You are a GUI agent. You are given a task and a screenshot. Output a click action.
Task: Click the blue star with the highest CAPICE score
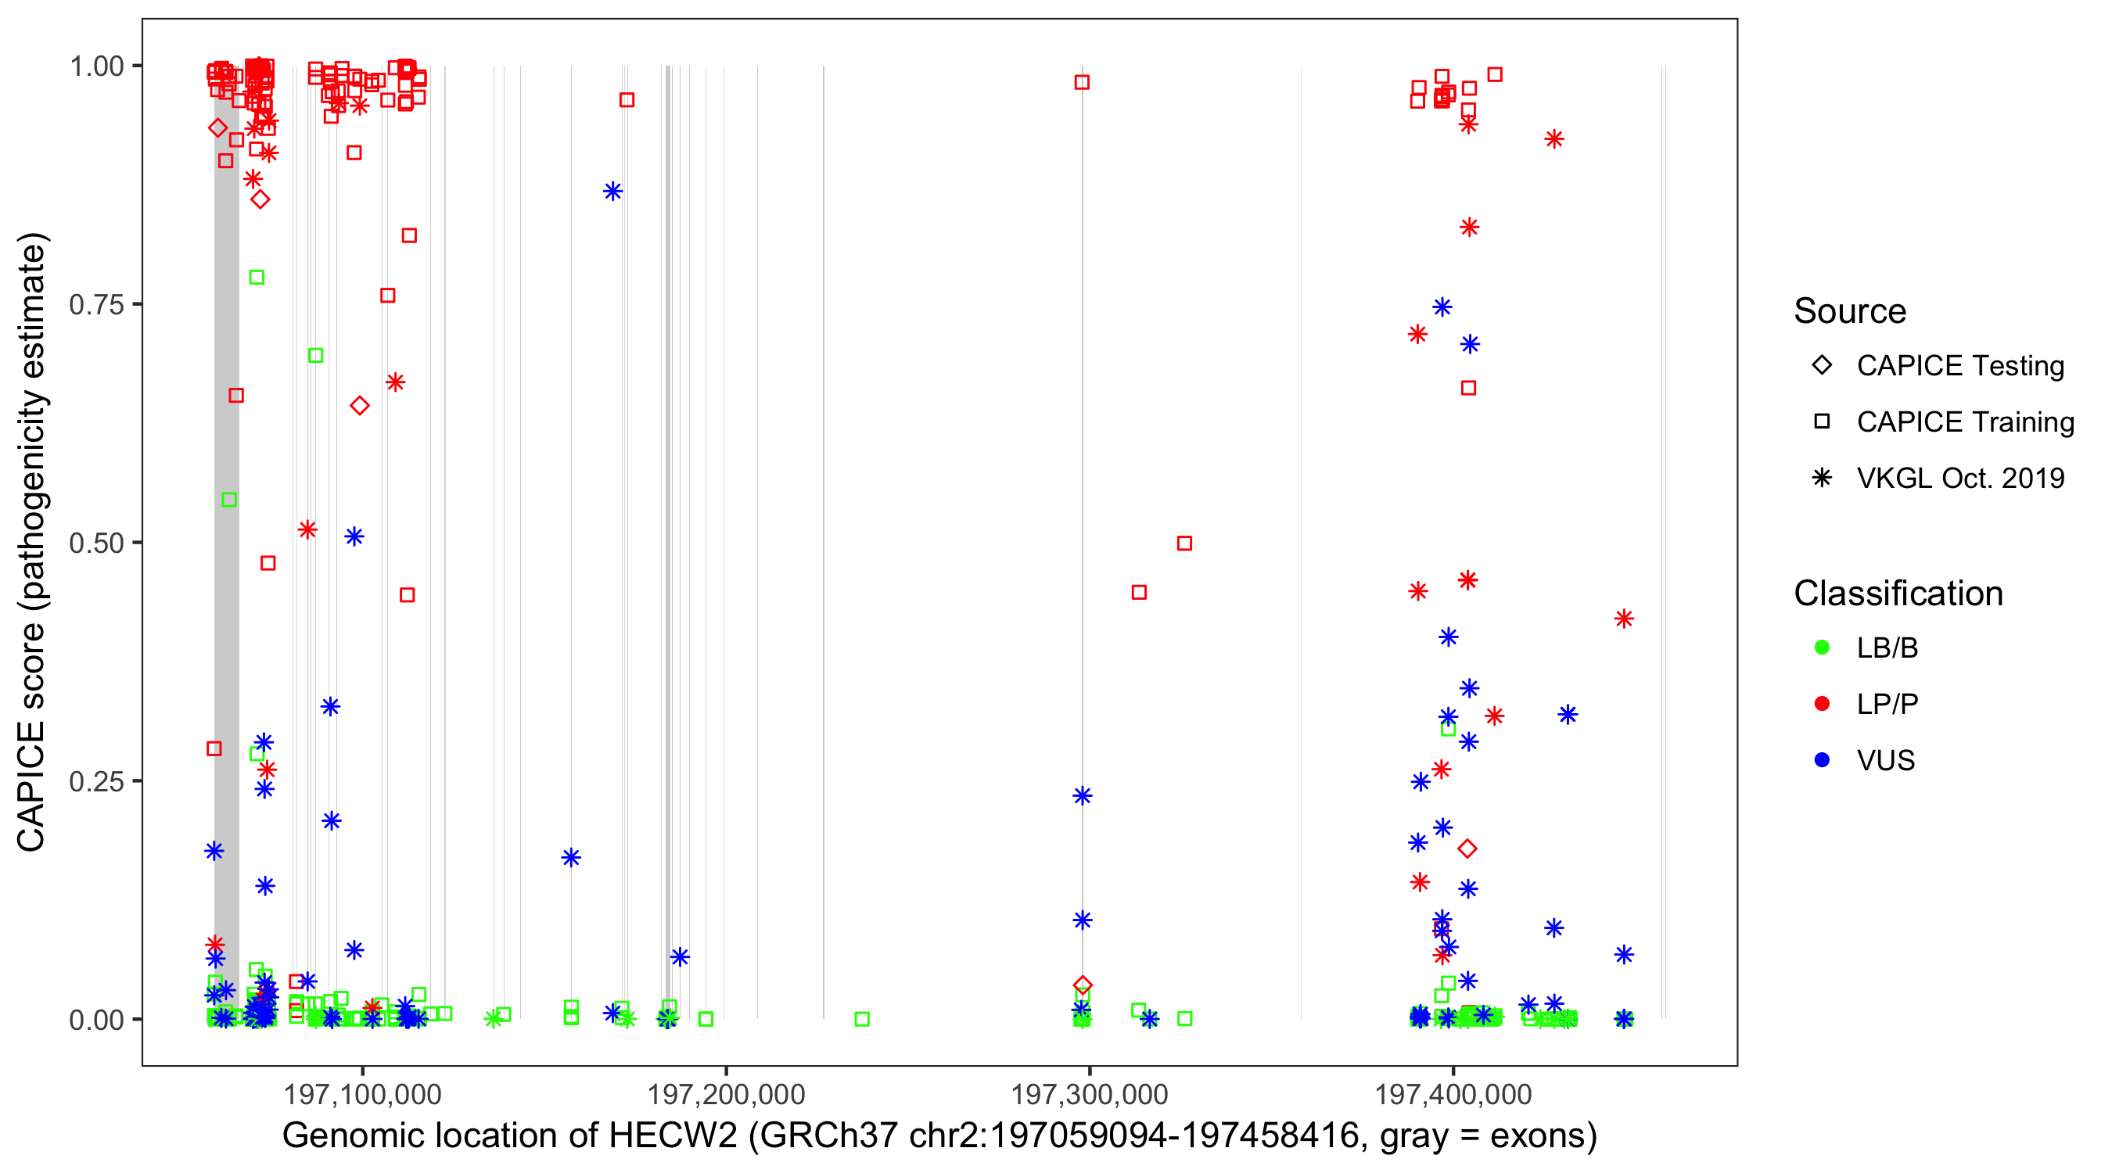pyautogui.click(x=612, y=192)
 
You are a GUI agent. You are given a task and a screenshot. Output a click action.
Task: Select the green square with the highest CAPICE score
pyautogui.click(x=257, y=277)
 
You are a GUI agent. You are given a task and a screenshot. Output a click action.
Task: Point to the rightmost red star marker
pyautogui.click(x=1623, y=619)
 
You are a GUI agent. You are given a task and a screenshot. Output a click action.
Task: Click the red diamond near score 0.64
pyautogui.click(x=359, y=406)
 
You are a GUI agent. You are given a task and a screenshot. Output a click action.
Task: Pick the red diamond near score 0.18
pyautogui.click(x=1467, y=848)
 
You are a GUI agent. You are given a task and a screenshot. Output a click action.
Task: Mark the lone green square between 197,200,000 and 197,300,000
pyautogui.click(x=862, y=1019)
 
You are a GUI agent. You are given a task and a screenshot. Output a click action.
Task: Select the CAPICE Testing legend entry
pyautogui.click(x=1959, y=366)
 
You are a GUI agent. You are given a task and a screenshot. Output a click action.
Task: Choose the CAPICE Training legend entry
pyautogui.click(x=1964, y=422)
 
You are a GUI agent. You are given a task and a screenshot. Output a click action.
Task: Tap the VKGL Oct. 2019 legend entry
pyautogui.click(x=1959, y=479)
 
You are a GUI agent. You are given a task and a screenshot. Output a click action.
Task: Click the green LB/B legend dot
pyautogui.click(x=1822, y=647)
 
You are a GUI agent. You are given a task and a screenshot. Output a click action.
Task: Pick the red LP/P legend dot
pyautogui.click(x=1822, y=704)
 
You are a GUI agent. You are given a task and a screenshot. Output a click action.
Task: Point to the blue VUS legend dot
pyautogui.click(x=1822, y=761)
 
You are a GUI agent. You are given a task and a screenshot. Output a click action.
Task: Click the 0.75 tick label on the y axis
pyautogui.click(x=95, y=305)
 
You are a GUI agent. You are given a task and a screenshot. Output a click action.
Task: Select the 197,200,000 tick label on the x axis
pyautogui.click(x=726, y=1094)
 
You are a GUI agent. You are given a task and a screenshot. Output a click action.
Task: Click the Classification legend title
pyautogui.click(x=1898, y=594)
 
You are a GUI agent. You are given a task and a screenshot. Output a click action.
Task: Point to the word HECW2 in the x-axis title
pyautogui.click(x=672, y=1136)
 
